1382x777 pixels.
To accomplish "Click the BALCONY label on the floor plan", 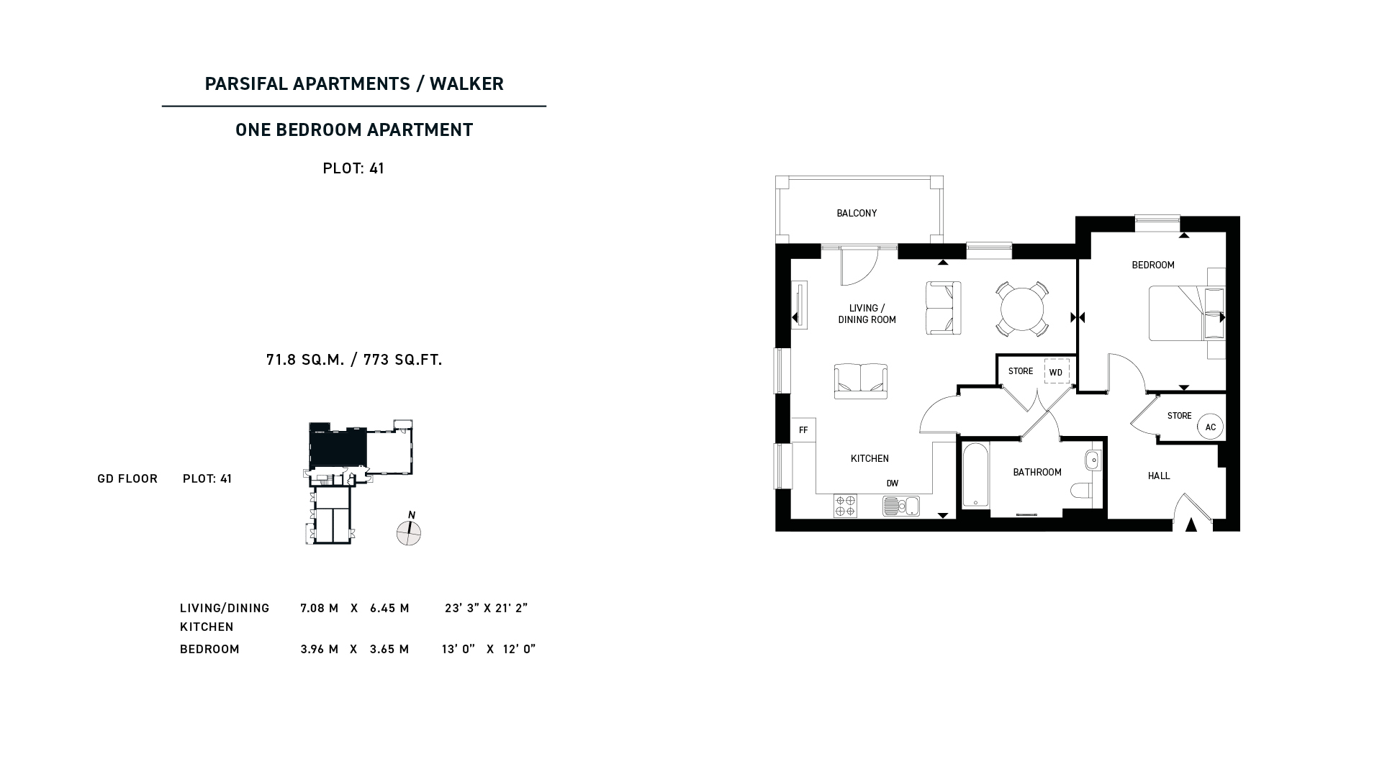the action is point(857,214).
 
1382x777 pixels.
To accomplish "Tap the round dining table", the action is point(1022,309).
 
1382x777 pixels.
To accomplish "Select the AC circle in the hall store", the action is point(1210,427).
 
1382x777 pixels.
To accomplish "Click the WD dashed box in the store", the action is point(1057,371).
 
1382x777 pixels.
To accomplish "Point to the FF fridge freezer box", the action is point(803,430).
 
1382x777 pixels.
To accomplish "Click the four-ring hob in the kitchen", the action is point(845,506).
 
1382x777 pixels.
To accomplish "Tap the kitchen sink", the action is point(901,506).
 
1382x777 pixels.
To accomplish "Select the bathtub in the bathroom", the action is point(975,476).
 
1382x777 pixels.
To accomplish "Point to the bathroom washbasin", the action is point(1093,460).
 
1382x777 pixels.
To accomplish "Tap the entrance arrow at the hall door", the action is point(1191,524).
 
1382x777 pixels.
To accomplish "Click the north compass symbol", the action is point(409,532).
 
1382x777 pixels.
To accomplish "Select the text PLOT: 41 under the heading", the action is point(353,168).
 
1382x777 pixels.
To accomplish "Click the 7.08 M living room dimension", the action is point(320,609).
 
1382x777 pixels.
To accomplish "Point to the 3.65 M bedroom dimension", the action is point(389,650).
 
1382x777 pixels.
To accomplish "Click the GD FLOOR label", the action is point(127,479).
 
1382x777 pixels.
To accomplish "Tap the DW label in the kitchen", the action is point(893,484).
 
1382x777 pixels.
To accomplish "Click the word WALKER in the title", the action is point(466,84).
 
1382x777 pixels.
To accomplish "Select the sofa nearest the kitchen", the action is point(861,381).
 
